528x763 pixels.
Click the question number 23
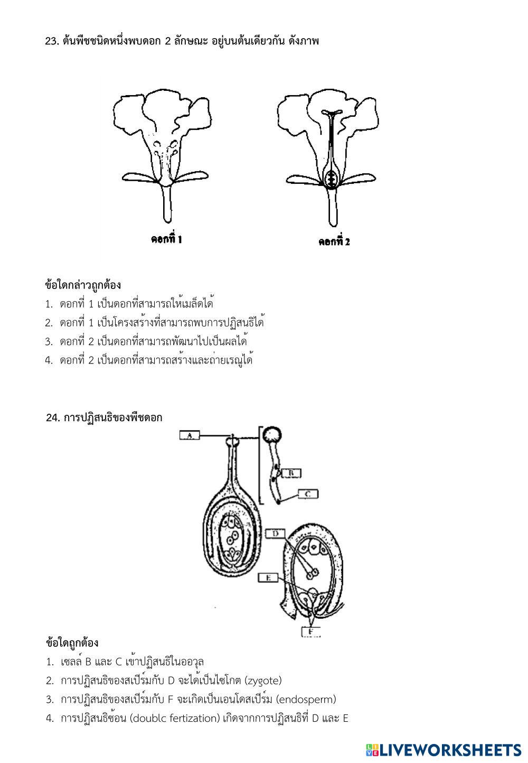[x=51, y=41]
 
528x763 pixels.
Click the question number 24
[x=52, y=417]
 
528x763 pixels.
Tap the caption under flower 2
[x=334, y=241]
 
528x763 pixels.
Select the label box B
[x=291, y=473]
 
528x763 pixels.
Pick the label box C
[x=308, y=494]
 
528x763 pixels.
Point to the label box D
[x=276, y=534]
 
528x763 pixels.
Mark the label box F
[x=310, y=631]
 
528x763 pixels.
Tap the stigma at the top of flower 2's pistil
[x=332, y=113]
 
